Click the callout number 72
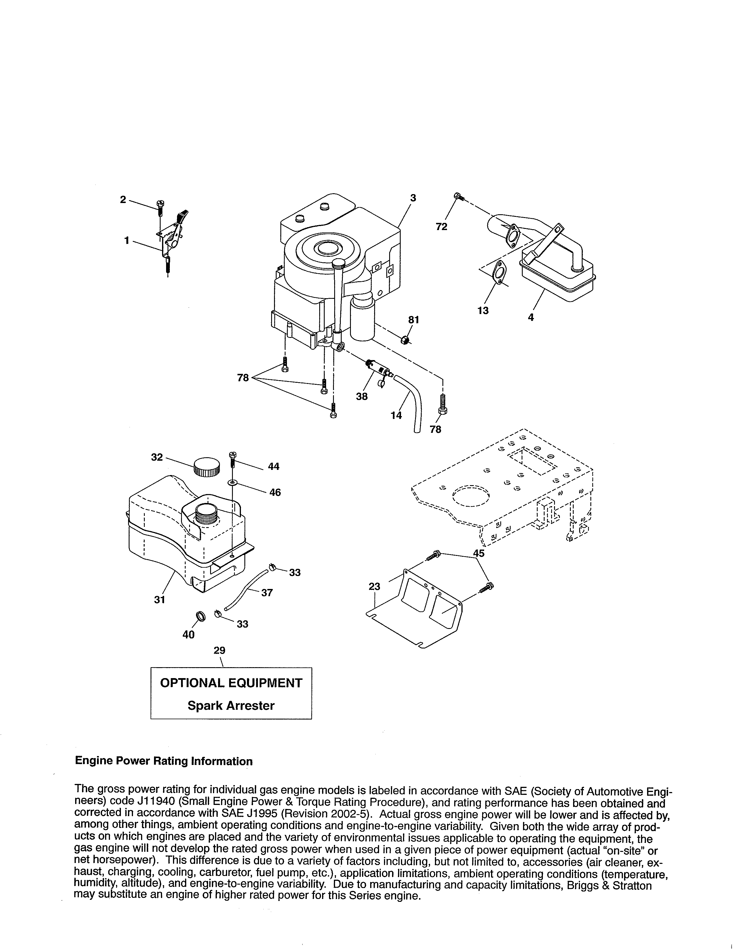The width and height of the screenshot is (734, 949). [441, 227]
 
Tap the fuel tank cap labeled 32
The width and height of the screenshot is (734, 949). [206, 467]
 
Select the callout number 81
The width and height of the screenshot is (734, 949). [414, 320]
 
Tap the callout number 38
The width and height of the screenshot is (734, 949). [361, 396]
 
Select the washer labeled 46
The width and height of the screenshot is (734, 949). [233, 483]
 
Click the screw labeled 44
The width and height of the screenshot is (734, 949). [232, 458]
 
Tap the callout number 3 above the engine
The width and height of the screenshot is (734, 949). [413, 198]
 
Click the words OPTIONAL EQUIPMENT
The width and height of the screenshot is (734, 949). [231, 683]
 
